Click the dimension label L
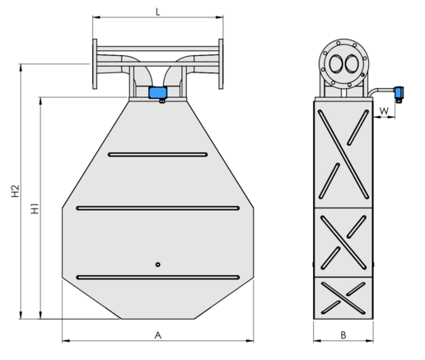point(157,12)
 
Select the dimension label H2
point(16,191)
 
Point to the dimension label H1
point(35,208)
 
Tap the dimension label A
point(158,335)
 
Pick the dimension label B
point(343,335)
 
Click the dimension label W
point(384,111)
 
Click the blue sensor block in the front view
point(158,92)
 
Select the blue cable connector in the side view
point(399,92)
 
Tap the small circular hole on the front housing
point(158,264)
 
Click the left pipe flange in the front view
point(95,64)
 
